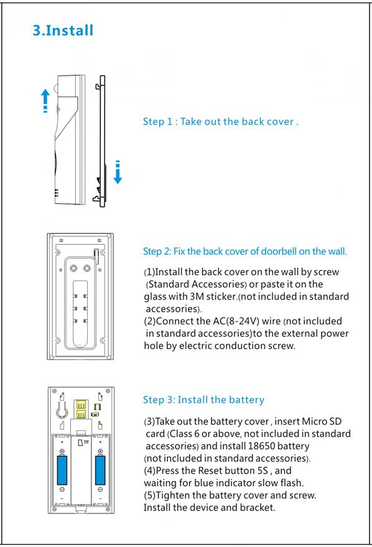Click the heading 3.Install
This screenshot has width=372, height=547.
[63, 30]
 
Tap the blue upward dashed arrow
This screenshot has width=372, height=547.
[45, 101]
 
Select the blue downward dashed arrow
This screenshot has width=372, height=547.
[118, 172]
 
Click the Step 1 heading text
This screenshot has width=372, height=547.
[221, 122]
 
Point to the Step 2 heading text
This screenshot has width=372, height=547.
[245, 252]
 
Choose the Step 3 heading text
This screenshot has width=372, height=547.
[203, 400]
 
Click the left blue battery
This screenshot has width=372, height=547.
[62, 469]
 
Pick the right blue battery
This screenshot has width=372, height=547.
[100, 469]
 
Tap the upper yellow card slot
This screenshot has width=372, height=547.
[81, 405]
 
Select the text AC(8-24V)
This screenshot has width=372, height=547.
[236, 321]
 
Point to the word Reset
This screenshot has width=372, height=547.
[210, 471]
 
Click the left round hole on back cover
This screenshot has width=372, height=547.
[74, 269]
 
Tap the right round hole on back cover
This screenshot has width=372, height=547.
[87, 269]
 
